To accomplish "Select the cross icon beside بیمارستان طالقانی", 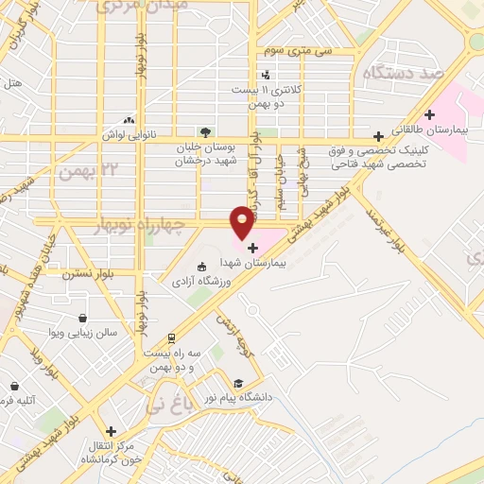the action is [430, 114].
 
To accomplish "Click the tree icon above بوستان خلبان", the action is [205, 132].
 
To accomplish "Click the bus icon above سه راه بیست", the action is [171, 337].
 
